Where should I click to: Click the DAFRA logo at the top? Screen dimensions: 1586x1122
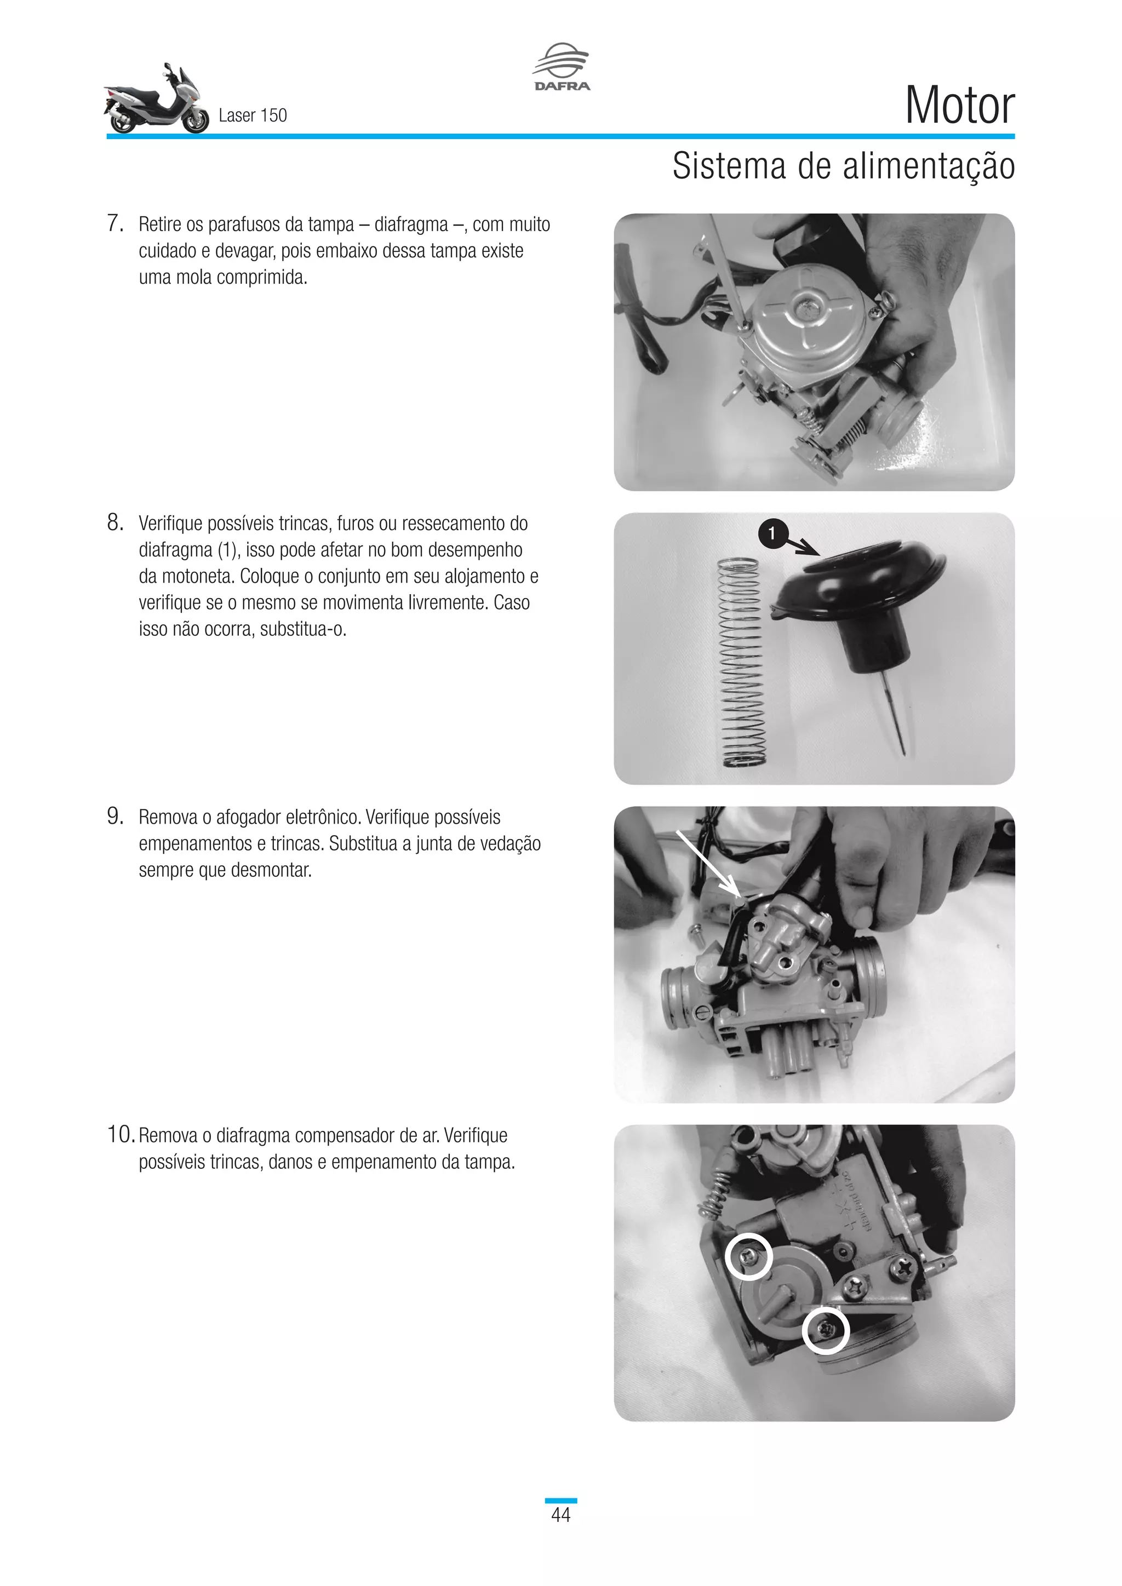[561, 67]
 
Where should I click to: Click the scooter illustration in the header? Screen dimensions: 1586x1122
[156, 101]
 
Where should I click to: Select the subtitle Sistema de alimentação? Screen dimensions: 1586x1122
[843, 166]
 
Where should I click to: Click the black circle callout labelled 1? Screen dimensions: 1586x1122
[772, 534]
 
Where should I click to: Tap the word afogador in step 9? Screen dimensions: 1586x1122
[247, 817]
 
